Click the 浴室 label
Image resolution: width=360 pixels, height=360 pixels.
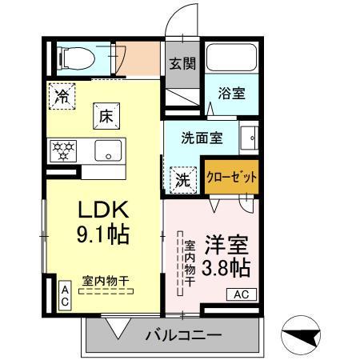click(233, 94)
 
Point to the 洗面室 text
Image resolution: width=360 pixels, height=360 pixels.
click(202, 137)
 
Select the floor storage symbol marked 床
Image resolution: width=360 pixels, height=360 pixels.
click(105, 114)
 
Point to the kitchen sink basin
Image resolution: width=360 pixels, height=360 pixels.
click(107, 150)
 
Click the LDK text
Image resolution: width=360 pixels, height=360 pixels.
click(102, 210)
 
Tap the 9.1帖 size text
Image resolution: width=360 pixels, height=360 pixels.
click(102, 236)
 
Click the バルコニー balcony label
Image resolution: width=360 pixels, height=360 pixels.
click(183, 334)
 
